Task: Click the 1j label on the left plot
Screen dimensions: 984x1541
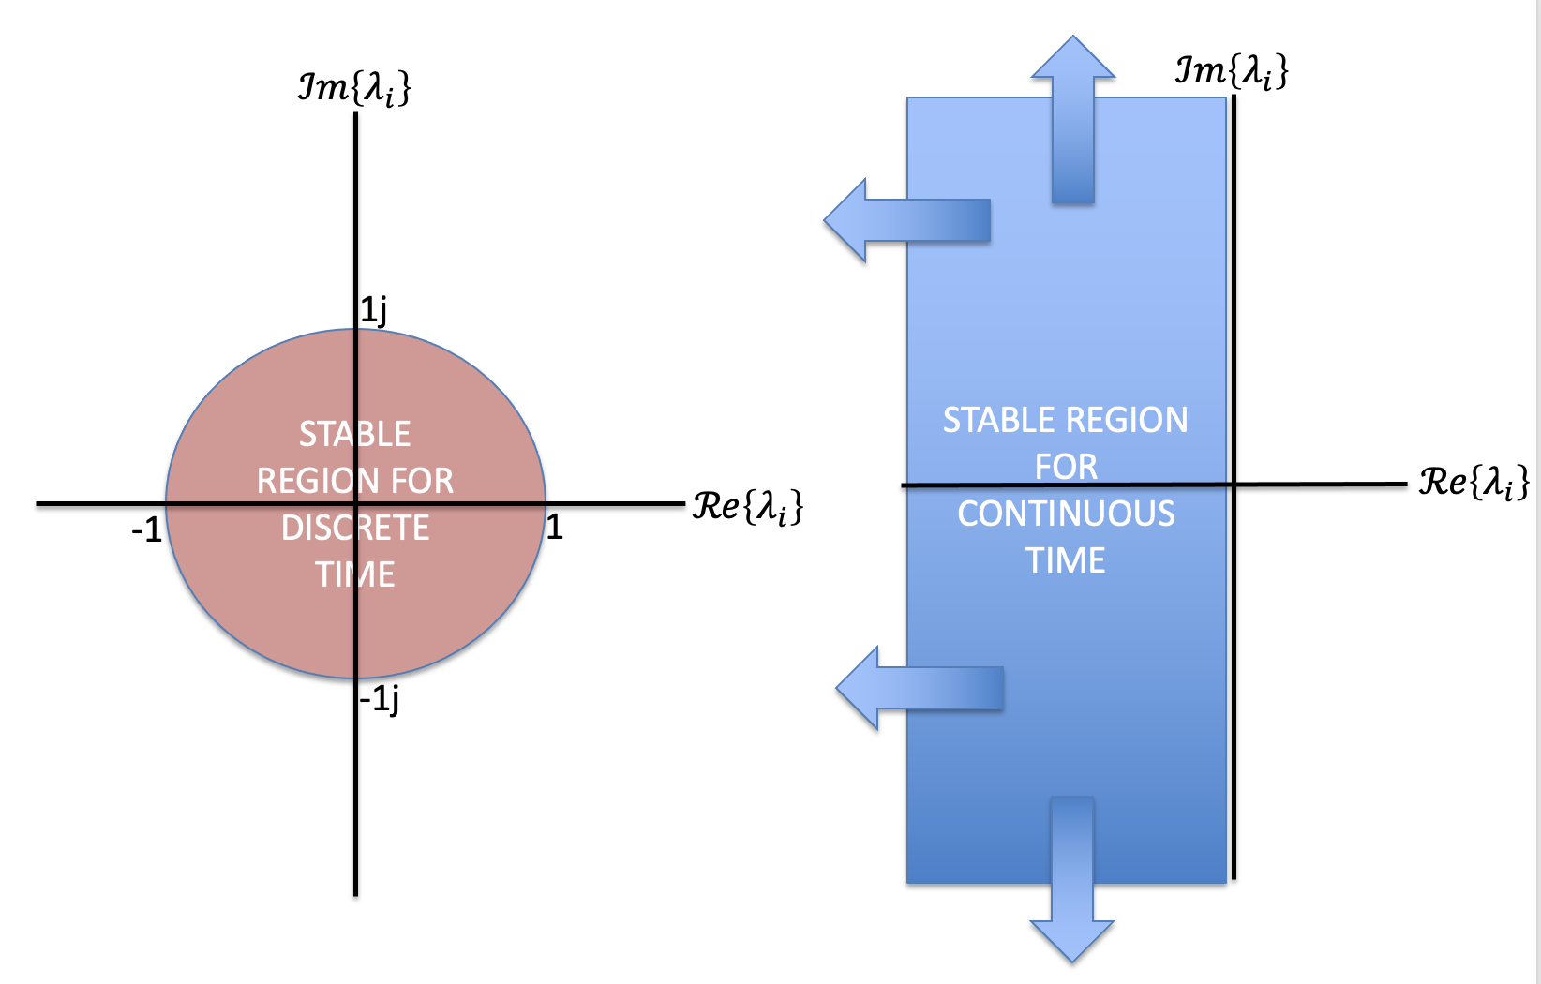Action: [374, 310]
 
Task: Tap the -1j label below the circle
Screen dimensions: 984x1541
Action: [380, 698]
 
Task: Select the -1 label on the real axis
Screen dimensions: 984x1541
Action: [146, 531]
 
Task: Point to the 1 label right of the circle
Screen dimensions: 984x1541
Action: [555, 528]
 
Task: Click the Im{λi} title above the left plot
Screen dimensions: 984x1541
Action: [354, 89]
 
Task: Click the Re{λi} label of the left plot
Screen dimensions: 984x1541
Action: [747, 507]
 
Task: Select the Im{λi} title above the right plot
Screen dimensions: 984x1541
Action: [1232, 71]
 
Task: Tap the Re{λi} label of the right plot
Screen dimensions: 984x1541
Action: [1474, 483]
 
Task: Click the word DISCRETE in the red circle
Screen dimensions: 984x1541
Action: [355, 529]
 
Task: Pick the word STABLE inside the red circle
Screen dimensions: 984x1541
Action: [355, 434]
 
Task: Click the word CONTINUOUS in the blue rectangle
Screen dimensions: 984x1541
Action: [1066, 514]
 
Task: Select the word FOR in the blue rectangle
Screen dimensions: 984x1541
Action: [1066, 467]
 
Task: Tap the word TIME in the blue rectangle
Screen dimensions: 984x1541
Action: [1066, 560]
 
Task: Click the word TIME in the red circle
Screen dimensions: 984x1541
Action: [355, 574]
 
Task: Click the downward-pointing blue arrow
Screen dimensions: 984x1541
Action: [1072, 881]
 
